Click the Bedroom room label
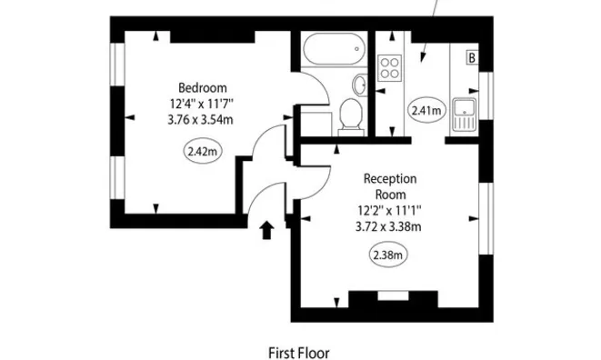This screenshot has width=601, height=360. coord(202,87)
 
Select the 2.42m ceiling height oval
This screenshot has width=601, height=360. coord(202,152)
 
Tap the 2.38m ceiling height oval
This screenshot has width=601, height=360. coord(388,255)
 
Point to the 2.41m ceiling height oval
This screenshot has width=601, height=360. coord(426,112)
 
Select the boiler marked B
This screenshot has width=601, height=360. coord(472,58)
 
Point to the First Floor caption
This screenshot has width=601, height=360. coord(298,352)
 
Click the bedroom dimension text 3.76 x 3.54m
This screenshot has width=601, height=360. coord(202,117)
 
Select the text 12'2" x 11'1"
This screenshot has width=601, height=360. coord(389,210)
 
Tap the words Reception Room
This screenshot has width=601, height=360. coord(389,186)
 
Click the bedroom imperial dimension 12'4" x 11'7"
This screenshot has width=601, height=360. coord(202,103)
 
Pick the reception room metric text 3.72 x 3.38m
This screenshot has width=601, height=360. coord(389,226)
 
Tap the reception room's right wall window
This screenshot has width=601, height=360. coord(485,218)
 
